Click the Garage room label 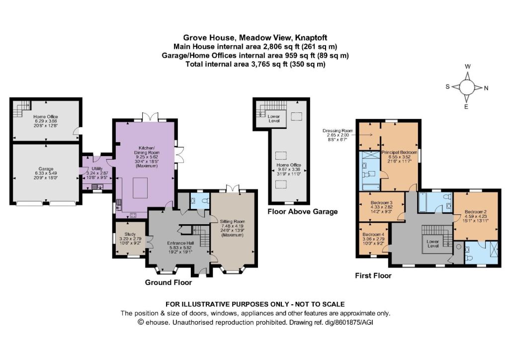[46, 169]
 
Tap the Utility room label [97, 169]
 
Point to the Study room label [130, 234]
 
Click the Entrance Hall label [180, 243]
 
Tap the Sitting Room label [232, 222]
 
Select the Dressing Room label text [338, 131]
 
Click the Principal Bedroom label [399, 152]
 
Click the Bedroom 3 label [381, 202]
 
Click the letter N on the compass [486, 88]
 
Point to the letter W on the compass [468, 67]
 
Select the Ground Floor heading [168, 282]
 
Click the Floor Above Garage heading [303, 212]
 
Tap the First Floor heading [373, 275]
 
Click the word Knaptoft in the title [312, 38]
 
